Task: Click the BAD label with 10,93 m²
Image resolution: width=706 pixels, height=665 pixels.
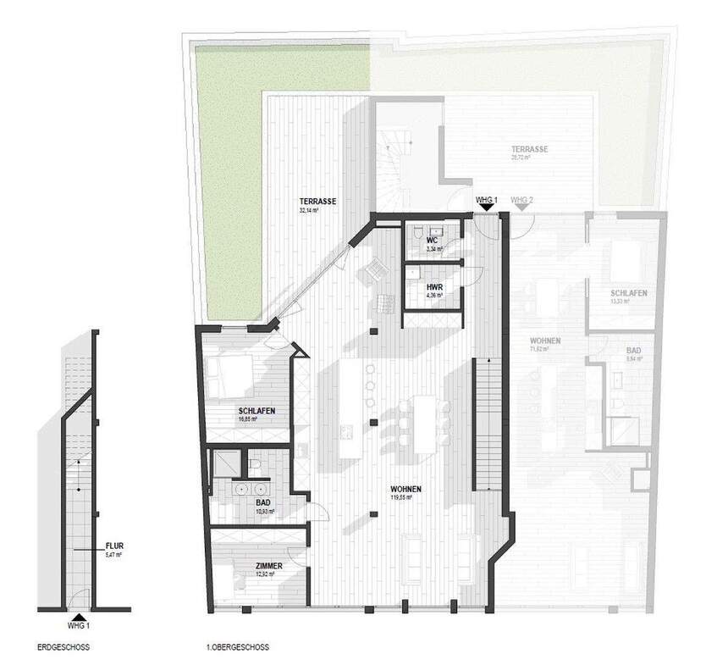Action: (263, 502)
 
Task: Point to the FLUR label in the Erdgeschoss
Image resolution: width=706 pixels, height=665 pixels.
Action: (113, 546)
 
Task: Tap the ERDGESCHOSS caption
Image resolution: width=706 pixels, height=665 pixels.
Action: (64, 647)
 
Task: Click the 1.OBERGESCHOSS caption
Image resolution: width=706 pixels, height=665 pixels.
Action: (237, 647)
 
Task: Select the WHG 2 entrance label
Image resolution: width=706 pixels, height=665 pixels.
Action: (521, 200)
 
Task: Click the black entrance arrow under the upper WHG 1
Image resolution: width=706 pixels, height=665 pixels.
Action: (485, 207)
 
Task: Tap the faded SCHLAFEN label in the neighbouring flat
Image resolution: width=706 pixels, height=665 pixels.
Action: (629, 293)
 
